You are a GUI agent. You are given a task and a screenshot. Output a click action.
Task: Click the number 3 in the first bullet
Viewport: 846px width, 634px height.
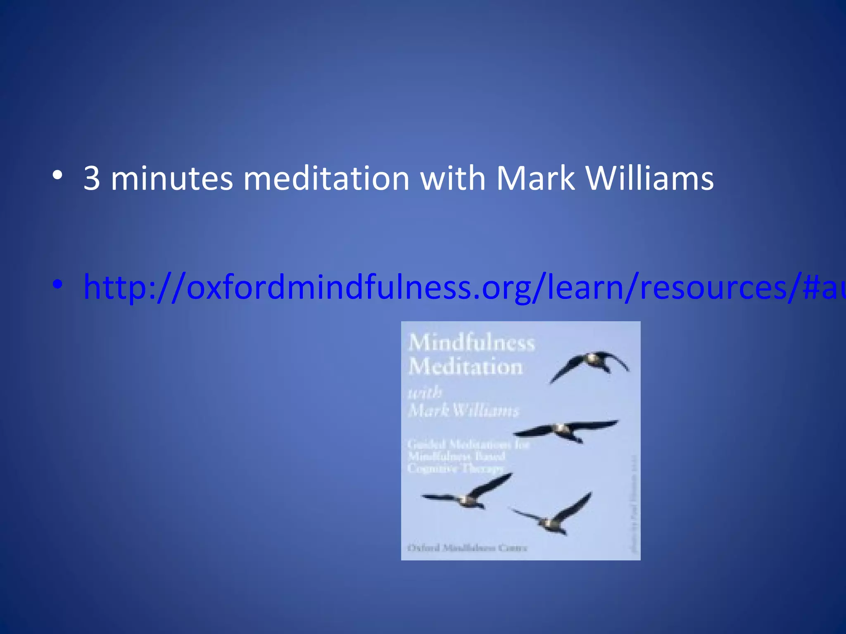(92, 178)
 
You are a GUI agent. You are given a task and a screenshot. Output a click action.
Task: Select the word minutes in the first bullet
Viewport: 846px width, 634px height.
(171, 178)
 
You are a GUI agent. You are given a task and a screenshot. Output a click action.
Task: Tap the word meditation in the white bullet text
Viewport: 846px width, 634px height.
(326, 178)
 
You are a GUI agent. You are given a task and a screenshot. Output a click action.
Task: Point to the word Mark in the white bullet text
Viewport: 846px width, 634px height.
(535, 178)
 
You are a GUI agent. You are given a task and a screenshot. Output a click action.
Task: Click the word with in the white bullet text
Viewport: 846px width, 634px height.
(453, 178)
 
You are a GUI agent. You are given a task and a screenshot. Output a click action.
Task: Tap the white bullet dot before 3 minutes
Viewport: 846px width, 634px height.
(58, 175)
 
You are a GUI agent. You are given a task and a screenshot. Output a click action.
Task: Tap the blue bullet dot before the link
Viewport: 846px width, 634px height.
(58, 284)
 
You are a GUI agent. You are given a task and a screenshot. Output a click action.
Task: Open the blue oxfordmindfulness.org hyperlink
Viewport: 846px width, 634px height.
(454, 288)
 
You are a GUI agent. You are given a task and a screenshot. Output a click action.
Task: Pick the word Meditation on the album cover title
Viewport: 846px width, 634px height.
(466, 367)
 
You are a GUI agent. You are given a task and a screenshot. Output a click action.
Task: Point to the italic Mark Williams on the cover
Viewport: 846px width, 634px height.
(463, 410)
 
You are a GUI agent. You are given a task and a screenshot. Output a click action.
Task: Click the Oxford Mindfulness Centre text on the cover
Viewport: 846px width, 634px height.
(467, 548)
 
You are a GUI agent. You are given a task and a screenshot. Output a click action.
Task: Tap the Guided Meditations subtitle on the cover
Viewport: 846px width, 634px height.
(468, 456)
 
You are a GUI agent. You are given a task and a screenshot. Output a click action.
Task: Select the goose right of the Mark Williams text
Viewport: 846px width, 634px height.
(566, 431)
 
